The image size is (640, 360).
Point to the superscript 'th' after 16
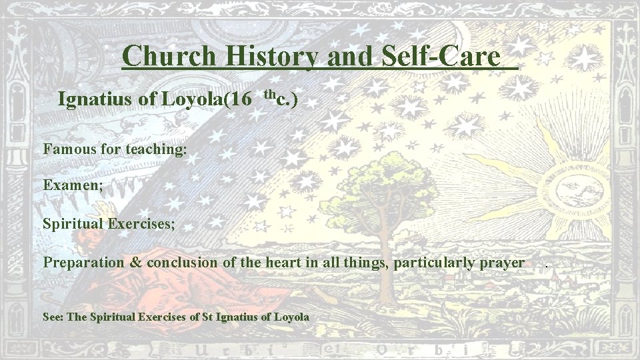click(269, 93)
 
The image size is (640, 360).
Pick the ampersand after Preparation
click(135, 262)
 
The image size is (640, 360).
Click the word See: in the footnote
click(53, 317)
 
